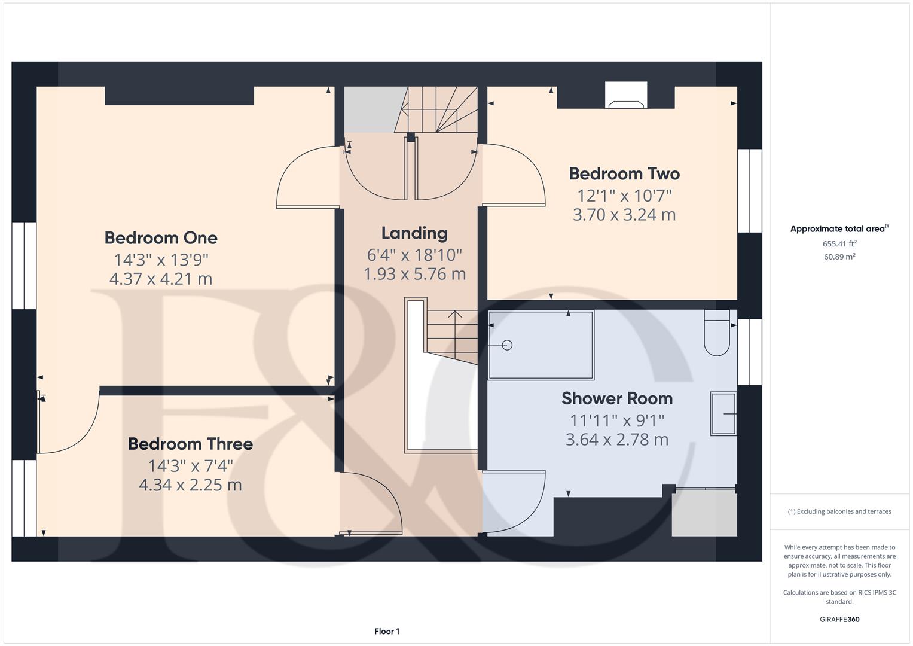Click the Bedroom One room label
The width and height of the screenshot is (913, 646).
[161, 238]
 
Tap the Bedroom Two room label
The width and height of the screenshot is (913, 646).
[624, 173]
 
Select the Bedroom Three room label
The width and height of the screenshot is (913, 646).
[190, 444]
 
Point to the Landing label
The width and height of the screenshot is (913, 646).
[414, 233]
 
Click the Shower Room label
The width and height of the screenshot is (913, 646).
[617, 398]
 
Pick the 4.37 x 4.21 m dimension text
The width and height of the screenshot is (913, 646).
[161, 279]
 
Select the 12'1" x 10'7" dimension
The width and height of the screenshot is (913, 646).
[624, 196]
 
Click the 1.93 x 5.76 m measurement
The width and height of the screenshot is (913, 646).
[414, 274]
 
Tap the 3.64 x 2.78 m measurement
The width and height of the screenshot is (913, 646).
[617, 440]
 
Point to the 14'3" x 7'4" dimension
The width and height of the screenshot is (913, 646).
[190, 466]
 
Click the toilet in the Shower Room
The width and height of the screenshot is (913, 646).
[717, 333]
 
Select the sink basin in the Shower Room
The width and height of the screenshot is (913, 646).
[723, 414]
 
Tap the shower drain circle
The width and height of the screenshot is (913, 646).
[507, 346]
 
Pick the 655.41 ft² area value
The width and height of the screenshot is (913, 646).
[839, 244]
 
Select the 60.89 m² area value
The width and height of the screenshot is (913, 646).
[839, 257]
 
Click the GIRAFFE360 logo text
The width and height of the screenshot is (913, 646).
[839, 620]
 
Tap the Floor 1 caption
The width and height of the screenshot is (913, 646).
[387, 631]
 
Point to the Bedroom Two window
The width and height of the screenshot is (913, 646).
[750, 191]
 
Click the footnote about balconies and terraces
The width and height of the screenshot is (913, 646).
[839, 511]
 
